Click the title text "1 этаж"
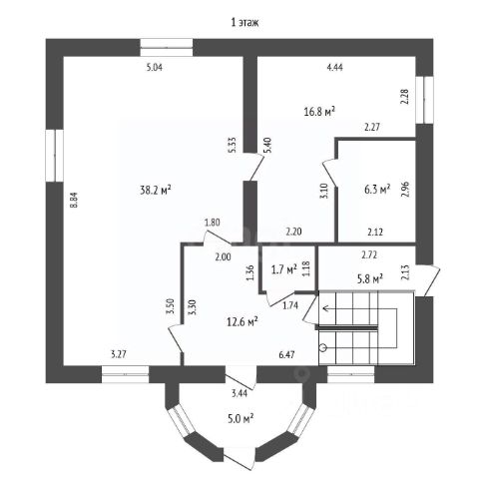coord(244,22)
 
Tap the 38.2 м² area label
coord(156,191)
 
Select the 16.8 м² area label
coord(319,112)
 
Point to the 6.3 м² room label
coord(377,190)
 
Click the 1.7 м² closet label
coord(284,269)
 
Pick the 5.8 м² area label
coord(370,278)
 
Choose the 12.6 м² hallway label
coord(242,321)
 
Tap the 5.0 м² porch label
coord(241,418)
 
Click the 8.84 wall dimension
coord(74,201)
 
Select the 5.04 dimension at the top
coord(155,68)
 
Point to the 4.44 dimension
coord(335,68)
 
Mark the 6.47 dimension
coord(286,354)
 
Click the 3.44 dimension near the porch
coord(239,393)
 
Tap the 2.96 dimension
coord(405,190)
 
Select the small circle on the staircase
coord(323,348)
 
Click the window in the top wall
coord(167,48)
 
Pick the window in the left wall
coord(55,156)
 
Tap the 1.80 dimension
coord(213,223)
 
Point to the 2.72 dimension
coord(369,255)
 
